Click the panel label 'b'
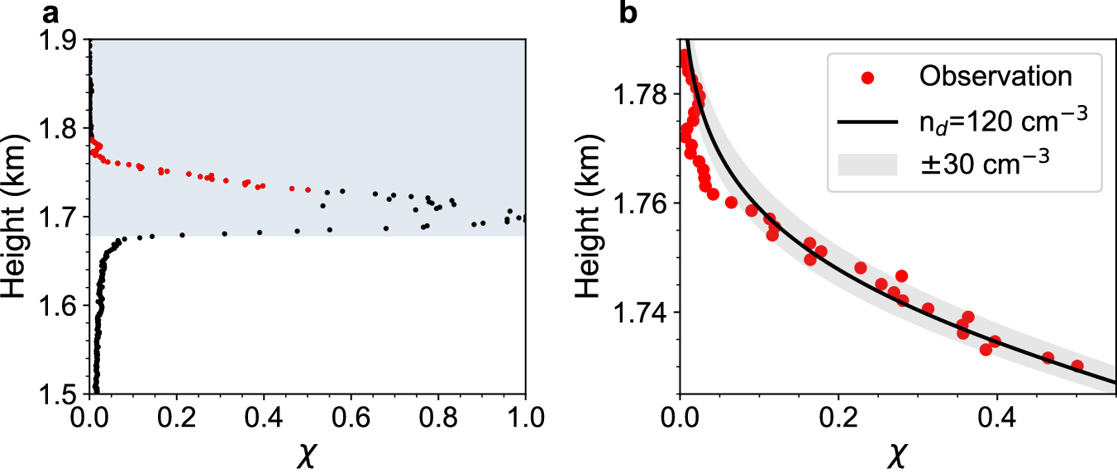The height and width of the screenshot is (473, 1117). pos(629,12)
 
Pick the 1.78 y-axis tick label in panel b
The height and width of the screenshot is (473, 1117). pos(642,95)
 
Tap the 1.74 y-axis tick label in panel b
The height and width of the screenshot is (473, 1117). pos(642,313)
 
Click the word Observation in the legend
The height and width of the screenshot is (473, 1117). pos(995,77)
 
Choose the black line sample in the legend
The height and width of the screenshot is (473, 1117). pos(867,122)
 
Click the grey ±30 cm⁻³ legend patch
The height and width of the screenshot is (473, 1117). pos(867,165)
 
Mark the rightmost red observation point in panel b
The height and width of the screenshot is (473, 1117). pos(1077,365)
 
